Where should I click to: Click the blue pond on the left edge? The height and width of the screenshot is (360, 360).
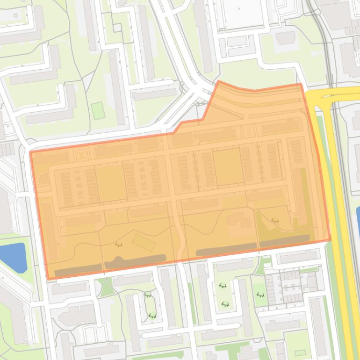[13, 258]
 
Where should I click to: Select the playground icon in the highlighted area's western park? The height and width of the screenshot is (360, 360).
[119, 245]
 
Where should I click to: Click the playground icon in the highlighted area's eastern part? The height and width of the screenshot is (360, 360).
[275, 220]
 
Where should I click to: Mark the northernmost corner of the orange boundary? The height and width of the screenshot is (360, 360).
[218, 81]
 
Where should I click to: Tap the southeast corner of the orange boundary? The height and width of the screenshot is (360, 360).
[330, 241]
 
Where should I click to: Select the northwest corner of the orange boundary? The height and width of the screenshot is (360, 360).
[30, 152]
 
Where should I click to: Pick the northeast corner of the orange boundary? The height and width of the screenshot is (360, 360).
[301, 84]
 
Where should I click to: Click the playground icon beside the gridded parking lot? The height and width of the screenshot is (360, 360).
[260, 295]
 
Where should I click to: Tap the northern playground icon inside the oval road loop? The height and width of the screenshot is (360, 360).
[148, 295]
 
